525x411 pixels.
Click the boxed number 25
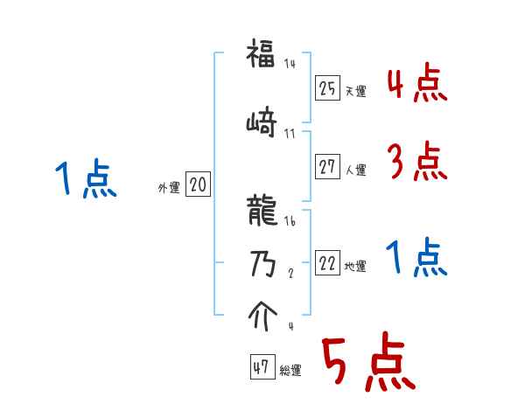tap(328, 88)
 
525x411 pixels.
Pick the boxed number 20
tap(199, 185)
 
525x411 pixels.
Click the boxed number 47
tap(261, 368)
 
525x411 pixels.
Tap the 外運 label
tap(168, 187)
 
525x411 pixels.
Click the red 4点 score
tap(417, 84)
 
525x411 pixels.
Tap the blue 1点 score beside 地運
tap(417, 258)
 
